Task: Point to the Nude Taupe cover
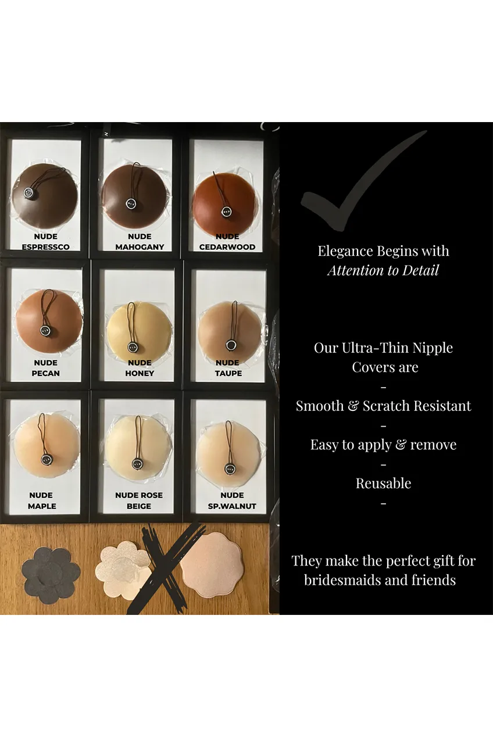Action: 230,328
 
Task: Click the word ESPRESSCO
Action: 46,247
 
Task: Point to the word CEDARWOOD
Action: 227,247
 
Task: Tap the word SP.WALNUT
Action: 232,506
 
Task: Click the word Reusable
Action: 383,484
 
